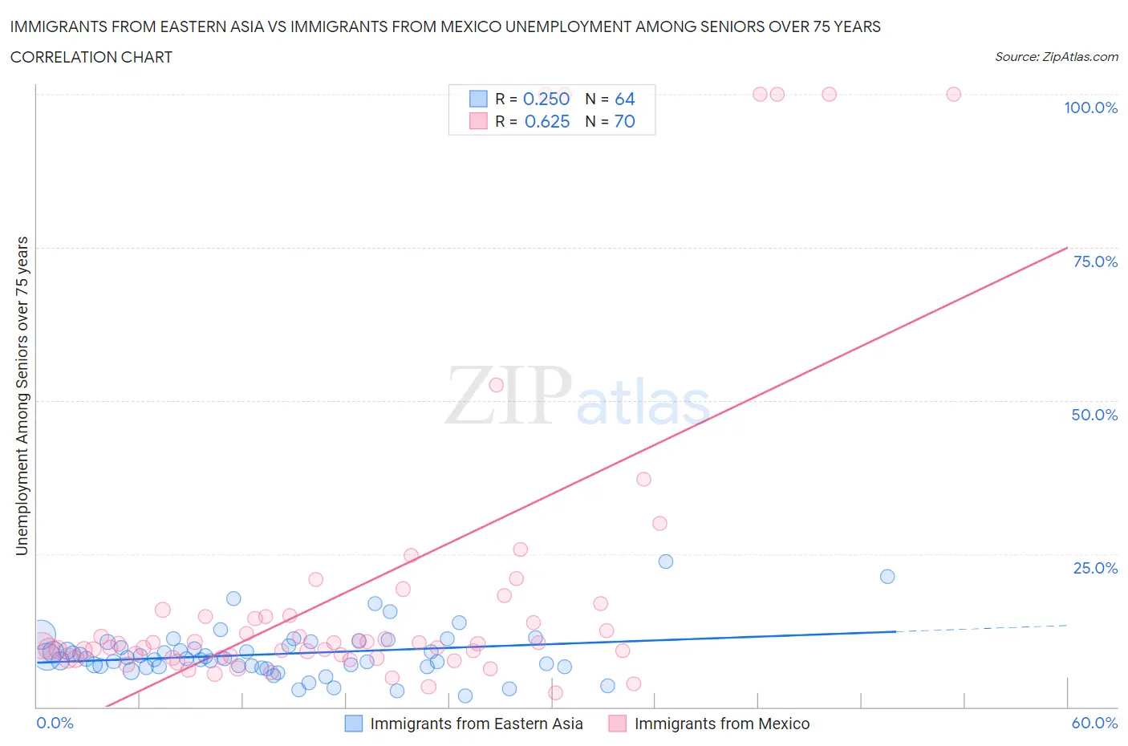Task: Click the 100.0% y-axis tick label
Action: pyautogui.click(x=1090, y=107)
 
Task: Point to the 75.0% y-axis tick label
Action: pyautogui.click(x=1094, y=262)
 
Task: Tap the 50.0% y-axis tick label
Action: pyautogui.click(x=1094, y=415)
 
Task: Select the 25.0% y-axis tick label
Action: pyautogui.click(x=1094, y=568)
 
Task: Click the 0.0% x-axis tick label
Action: pyautogui.click(x=55, y=723)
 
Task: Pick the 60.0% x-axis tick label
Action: pyautogui.click(x=1094, y=723)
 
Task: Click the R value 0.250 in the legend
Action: pyautogui.click(x=546, y=99)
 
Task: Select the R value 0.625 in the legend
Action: pyautogui.click(x=546, y=121)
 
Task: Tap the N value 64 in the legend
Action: pyautogui.click(x=624, y=99)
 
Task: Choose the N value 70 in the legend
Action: pyautogui.click(x=624, y=121)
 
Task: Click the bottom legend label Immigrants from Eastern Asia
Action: pyautogui.click(x=476, y=724)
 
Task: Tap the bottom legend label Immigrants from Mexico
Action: pyautogui.click(x=722, y=724)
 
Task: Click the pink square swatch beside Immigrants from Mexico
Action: pyautogui.click(x=617, y=724)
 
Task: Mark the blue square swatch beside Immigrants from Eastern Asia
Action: pyautogui.click(x=353, y=724)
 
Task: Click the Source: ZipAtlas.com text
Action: pyautogui.click(x=1056, y=57)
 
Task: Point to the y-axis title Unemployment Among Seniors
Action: pyautogui.click(x=22, y=395)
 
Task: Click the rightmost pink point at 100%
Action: pyautogui.click(x=953, y=94)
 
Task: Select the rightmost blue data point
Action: pyautogui.click(x=887, y=576)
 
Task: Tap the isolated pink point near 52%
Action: pyautogui.click(x=496, y=385)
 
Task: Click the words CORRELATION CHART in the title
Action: pyautogui.click(x=91, y=57)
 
